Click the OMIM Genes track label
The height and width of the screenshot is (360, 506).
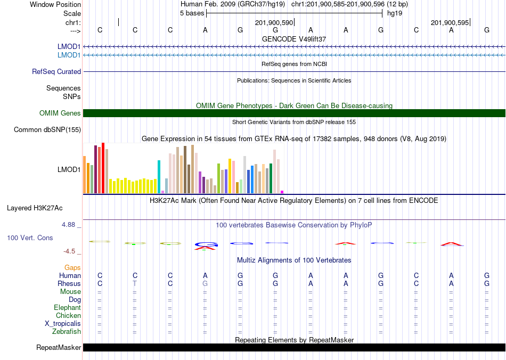pos(60,113)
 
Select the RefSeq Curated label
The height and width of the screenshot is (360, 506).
pos(56,71)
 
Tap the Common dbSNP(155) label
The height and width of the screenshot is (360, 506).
pos(47,130)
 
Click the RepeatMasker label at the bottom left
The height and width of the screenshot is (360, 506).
pos(59,347)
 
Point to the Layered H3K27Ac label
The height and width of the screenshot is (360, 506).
pos(35,208)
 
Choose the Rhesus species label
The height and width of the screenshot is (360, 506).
pos(69,283)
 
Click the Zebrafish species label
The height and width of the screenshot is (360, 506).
pos(67,332)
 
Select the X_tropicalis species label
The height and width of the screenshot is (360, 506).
pos(63,324)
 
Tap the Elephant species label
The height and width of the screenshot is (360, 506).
pos(67,307)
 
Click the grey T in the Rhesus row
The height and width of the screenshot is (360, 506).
pos(135,283)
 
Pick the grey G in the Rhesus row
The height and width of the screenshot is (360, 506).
pos(205,283)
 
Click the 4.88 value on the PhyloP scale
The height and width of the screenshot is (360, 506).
pos(68,225)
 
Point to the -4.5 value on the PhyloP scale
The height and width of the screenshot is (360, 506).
pos(69,251)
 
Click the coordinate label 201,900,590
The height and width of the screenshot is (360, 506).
pos(274,22)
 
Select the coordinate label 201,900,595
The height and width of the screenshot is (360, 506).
pos(450,22)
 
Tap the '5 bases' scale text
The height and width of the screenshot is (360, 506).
pos(192,13)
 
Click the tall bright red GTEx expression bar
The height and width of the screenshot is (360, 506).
pos(103,168)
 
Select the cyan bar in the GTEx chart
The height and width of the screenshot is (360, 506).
pos(159,177)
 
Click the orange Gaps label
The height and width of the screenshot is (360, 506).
pos(72,267)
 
